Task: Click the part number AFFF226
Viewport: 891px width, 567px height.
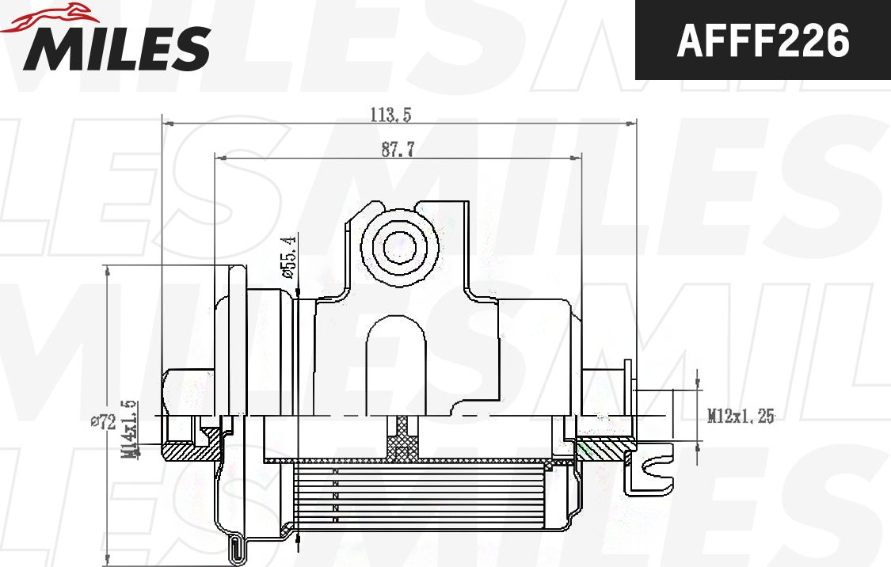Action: tap(763, 40)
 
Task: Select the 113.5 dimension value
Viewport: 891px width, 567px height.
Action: tap(390, 115)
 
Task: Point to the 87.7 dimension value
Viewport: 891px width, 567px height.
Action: tap(398, 150)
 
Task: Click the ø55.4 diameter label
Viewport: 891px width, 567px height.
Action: tap(288, 257)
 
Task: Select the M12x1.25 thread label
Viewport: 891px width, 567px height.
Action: tap(741, 416)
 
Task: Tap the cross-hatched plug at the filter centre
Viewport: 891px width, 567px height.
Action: tap(405, 438)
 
